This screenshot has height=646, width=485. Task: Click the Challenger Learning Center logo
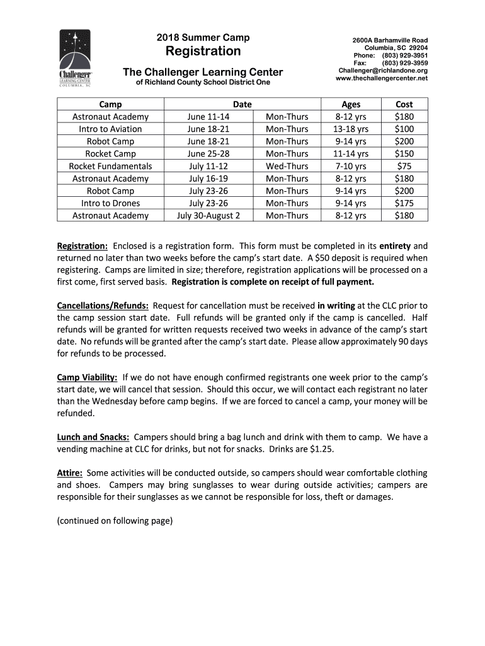[74, 60]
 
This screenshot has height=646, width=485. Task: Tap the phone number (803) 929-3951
[405, 56]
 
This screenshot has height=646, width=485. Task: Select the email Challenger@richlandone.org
[383, 71]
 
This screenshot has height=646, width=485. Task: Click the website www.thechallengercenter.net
[382, 78]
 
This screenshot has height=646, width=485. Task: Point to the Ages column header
[351, 104]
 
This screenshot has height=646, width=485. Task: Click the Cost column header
[404, 104]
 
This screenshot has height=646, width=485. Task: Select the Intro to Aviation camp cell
[110, 129]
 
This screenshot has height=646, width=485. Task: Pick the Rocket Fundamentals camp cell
[110, 166]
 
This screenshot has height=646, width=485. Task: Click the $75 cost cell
[404, 166]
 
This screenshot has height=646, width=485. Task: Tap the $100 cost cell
[404, 129]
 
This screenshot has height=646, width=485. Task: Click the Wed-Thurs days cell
[287, 166]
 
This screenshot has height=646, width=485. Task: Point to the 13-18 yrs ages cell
[351, 129]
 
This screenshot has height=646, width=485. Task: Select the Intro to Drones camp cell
[110, 203]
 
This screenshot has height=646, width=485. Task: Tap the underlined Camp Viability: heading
[87, 377]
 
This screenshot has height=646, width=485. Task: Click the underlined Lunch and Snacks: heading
[93, 437]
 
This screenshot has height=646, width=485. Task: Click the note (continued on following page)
[115, 521]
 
